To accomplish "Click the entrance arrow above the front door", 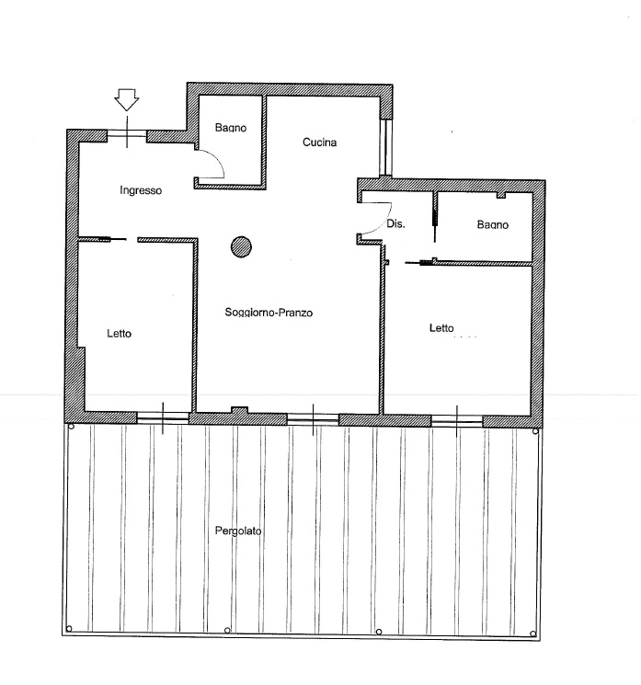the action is (x=127, y=99).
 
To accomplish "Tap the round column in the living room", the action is (x=241, y=246).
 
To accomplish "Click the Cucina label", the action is (x=319, y=143).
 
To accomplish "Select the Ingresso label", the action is (x=141, y=190).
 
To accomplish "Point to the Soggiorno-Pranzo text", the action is (x=269, y=313).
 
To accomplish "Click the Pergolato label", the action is (x=238, y=531).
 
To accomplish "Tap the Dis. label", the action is (x=395, y=223).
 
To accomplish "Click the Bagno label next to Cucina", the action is (x=231, y=128).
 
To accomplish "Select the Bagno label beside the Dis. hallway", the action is (x=492, y=224).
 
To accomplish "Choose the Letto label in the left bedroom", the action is (x=119, y=334).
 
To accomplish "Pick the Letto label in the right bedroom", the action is (x=441, y=327).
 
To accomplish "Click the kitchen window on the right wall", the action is (x=385, y=147).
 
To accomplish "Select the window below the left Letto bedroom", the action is (x=163, y=418).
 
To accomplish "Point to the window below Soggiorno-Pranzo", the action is (x=313, y=419).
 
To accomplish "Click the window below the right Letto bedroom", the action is (x=457, y=421).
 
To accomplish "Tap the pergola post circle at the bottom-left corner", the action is (x=69, y=629).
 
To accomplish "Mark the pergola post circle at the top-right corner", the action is (x=535, y=431).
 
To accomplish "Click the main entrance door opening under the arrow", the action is (x=127, y=134).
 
